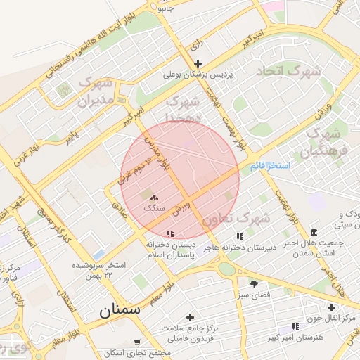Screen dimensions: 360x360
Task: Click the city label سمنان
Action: tap(120, 309)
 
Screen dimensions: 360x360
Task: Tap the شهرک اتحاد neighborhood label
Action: tap(288, 71)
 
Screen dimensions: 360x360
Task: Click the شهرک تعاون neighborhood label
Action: tap(236, 219)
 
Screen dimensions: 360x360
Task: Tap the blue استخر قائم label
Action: tap(270, 166)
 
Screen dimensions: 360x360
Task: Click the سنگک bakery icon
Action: tap(154, 198)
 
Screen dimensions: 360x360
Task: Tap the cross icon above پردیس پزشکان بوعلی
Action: tap(198, 63)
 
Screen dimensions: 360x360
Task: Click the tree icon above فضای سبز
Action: tap(254, 283)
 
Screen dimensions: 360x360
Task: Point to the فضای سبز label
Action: tap(254, 295)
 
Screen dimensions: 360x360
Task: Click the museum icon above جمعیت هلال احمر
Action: tap(313, 232)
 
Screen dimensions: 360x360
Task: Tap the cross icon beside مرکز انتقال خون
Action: tap(332, 307)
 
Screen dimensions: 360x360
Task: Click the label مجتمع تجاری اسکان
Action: tap(137, 352)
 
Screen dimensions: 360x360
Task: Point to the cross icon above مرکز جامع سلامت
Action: tap(190, 317)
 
